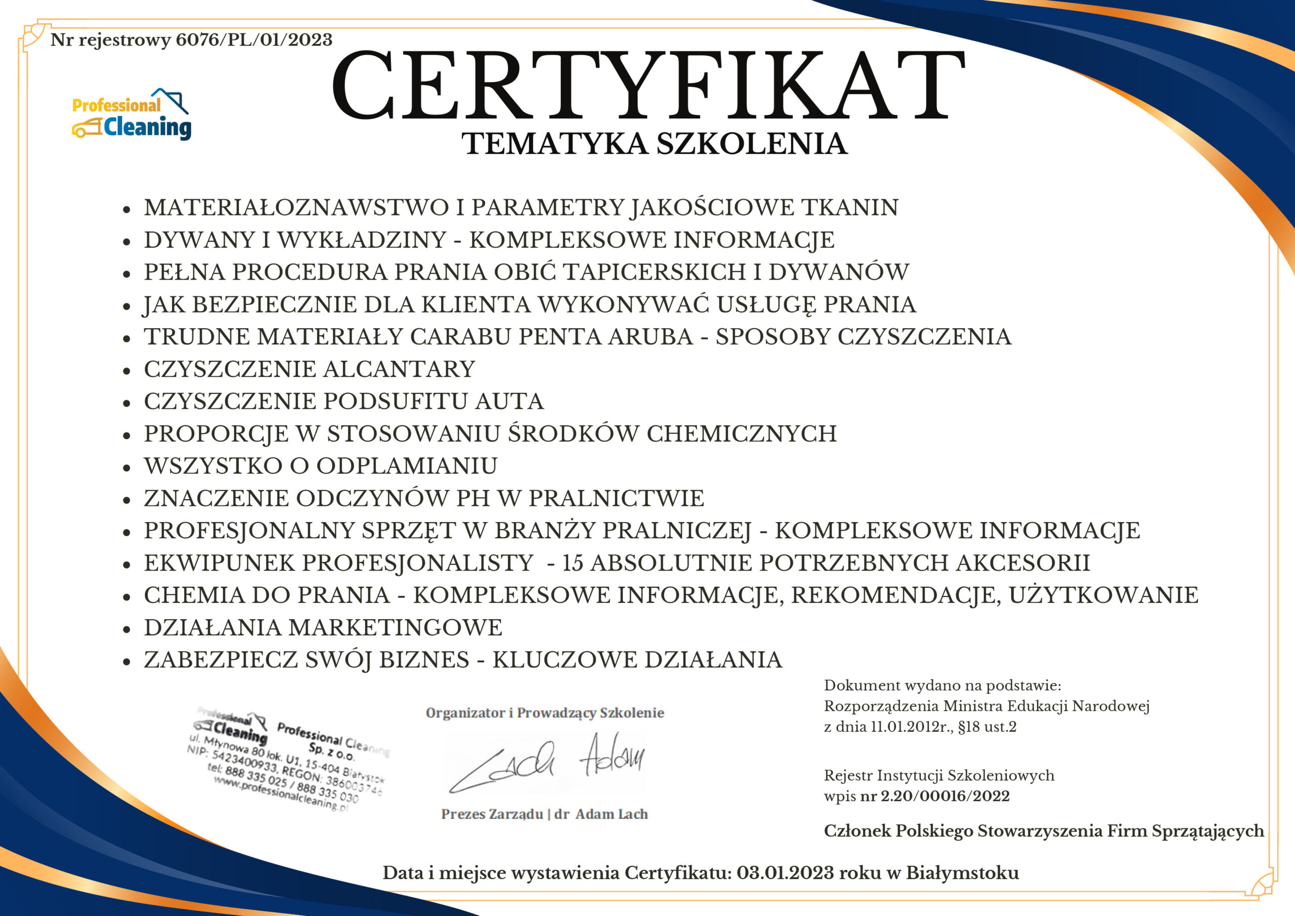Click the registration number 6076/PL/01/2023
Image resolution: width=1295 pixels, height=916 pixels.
254,40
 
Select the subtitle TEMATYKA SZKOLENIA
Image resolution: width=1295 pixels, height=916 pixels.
654,144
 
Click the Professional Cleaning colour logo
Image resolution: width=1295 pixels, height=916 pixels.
132,115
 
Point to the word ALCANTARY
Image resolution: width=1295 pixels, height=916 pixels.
399,369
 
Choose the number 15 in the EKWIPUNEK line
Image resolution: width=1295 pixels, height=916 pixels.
573,563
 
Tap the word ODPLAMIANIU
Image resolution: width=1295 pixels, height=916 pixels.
407,466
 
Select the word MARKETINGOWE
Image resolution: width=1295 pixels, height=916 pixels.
396,628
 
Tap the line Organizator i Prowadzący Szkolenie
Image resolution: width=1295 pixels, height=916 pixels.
545,713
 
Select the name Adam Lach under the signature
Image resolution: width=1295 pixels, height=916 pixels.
612,814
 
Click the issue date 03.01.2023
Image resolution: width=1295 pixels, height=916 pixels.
785,873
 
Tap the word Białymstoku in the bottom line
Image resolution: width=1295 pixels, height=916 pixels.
962,873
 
